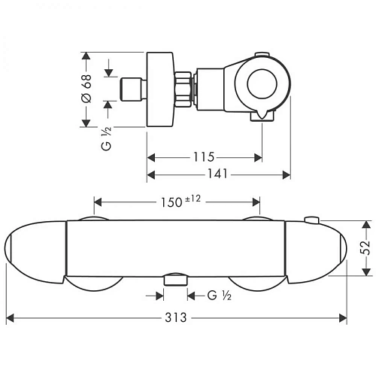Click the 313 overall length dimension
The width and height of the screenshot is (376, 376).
click(176, 317)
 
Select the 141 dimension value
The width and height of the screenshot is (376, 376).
click(217, 174)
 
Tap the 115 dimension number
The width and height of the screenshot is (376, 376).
click(204, 157)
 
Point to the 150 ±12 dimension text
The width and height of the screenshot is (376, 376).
click(180, 202)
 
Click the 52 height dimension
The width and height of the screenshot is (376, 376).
click(366, 247)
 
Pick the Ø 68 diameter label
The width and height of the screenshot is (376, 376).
click(87, 89)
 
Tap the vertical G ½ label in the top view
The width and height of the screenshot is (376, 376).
click(106, 138)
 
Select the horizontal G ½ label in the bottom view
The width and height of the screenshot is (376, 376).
click(220, 296)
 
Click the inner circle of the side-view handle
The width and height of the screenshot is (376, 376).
click(262, 83)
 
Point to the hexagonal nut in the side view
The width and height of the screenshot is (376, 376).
click(183, 89)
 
